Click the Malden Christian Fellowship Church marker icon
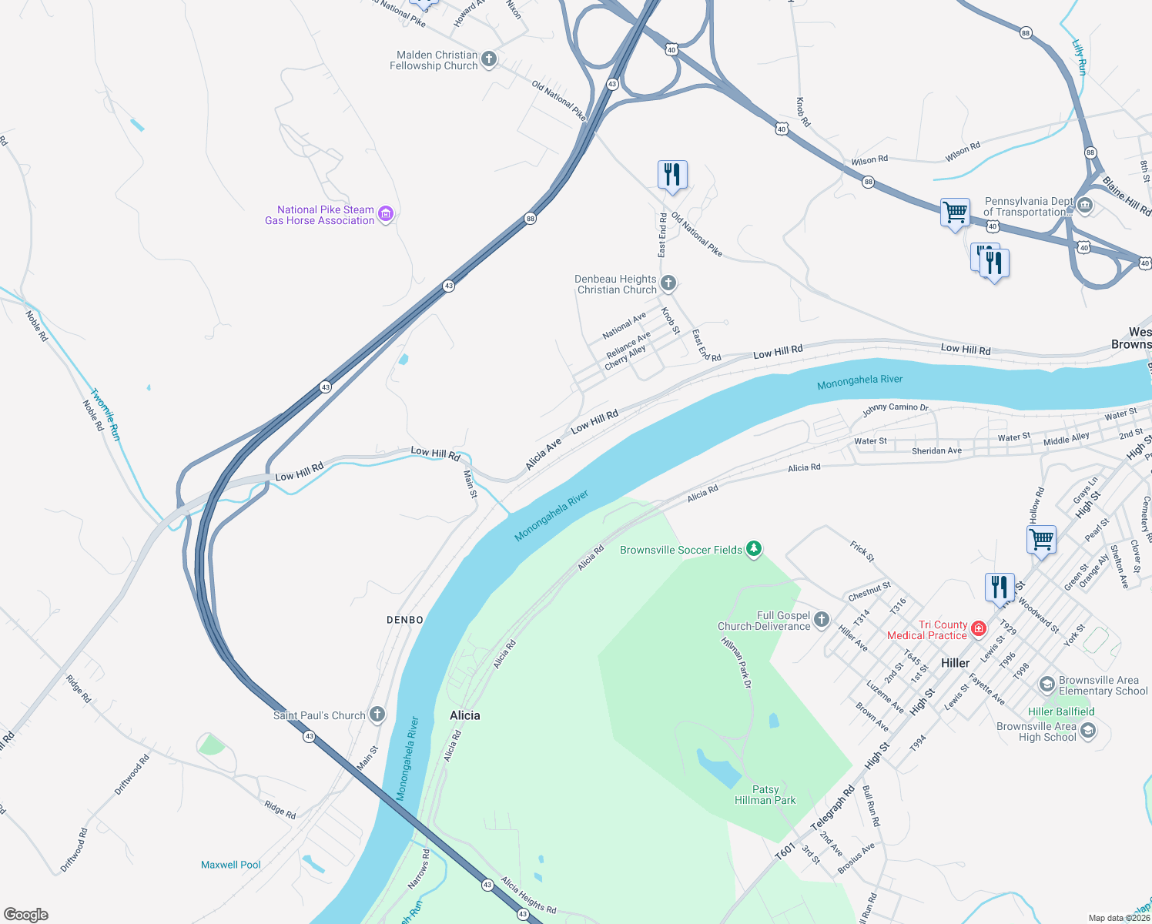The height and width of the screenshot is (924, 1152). click(x=488, y=59)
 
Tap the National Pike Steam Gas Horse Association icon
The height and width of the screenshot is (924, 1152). click(x=386, y=214)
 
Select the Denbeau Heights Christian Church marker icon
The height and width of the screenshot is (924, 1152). click(x=668, y=283)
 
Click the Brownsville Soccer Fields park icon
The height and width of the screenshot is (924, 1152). click(x=754, y=549)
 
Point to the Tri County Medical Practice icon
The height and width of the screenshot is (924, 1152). click(x=979, y=629)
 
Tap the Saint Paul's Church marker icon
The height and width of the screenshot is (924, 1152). click(x=377, y=715)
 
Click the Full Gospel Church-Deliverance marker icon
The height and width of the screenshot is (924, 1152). click(x=822, y=620)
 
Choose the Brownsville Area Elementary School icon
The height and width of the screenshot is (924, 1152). click(x=1047, y=685)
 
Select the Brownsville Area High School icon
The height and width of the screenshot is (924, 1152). click(x=1087, y=731)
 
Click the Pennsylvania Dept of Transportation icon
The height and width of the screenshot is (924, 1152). click(x=1084, y=206)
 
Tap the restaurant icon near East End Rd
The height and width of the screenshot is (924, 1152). click(x=672, y=176)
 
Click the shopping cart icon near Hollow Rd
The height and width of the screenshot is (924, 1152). click(x=1041, y=540)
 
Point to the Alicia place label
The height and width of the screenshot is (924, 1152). click(x=465, y=715)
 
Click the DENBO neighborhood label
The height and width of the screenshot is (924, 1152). click(x=405, y=620)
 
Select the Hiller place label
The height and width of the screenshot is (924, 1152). click(x=956, y=663)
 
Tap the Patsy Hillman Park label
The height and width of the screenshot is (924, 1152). click(x=765, y=795)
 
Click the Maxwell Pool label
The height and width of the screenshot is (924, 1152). click(x=231, y=865)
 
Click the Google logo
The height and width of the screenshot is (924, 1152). click(x=26, y=915)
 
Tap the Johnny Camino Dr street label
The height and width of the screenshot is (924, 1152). click(x=895, y=409)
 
